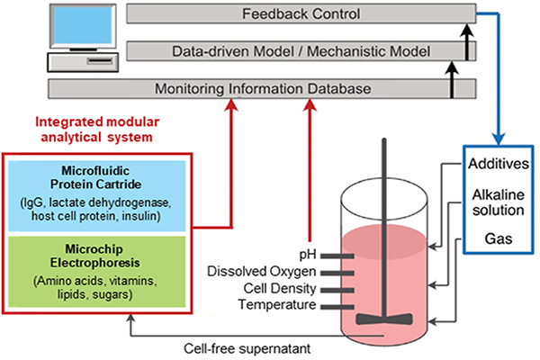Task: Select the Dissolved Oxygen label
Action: [262, 272]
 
